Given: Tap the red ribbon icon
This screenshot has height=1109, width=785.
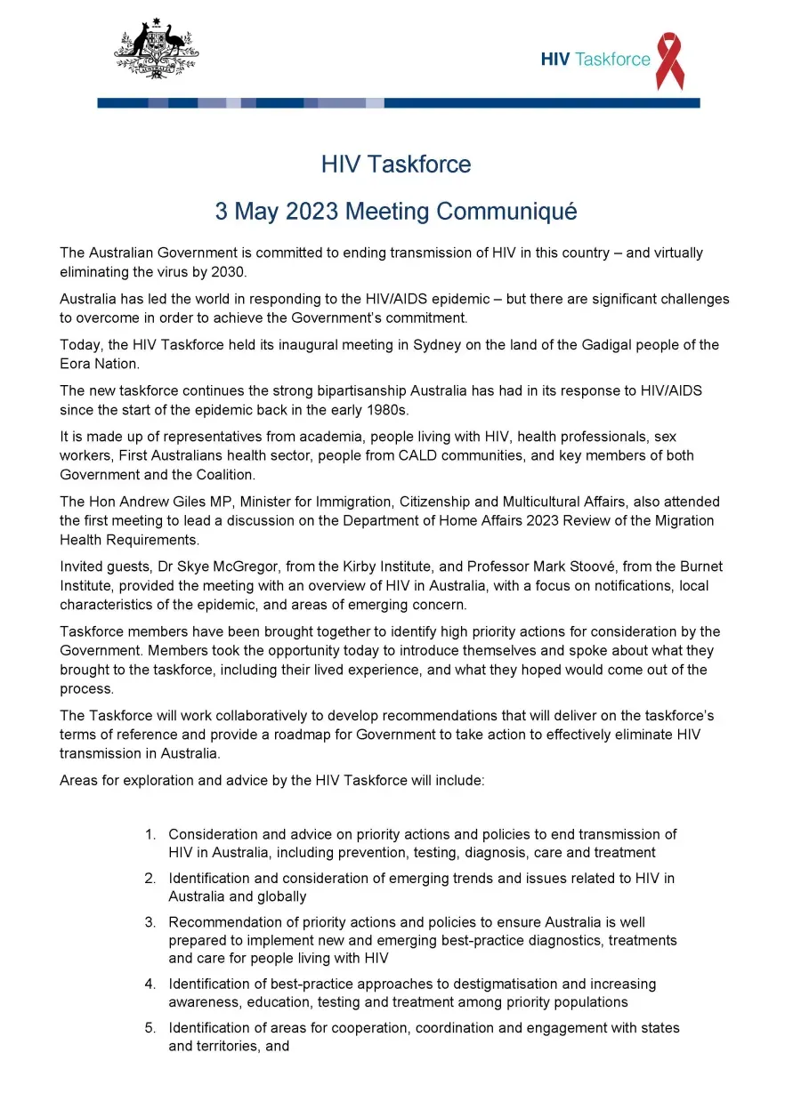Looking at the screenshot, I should click(669, 60).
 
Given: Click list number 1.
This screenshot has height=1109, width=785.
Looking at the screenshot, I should click(150, 834).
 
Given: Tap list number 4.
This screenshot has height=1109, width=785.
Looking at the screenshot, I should click(150, 984).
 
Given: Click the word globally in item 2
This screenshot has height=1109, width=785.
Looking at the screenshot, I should click(255, 896).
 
